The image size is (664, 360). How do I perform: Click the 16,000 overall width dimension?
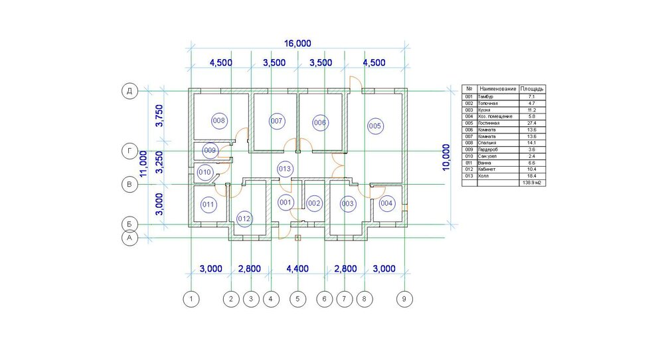click(297, 43)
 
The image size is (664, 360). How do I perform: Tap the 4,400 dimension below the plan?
click(297, 269)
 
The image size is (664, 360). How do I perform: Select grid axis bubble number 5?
click(297, 300)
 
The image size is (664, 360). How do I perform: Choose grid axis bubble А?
click(128, 237)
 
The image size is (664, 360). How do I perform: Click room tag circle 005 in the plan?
click(375, 126)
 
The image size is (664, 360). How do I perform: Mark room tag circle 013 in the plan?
click(285, 168)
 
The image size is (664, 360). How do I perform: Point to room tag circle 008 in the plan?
click(219, 121)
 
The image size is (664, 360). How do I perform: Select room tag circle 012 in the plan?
click(244, 218)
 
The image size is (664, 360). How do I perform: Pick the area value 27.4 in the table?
click(532, 123)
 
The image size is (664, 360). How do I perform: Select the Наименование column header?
click(497, 88)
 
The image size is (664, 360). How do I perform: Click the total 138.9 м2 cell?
click(532, 183)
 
